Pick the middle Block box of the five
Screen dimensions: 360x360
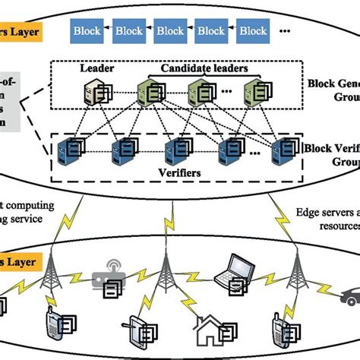tap(169, 31)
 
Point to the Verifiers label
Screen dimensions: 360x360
tap(181, 173)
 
